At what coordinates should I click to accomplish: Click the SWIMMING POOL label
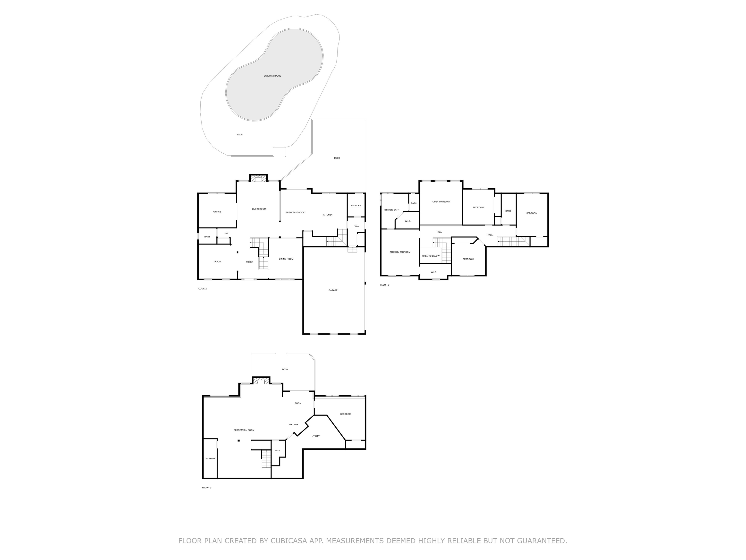tap(272, 76)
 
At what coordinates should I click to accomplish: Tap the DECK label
tap(337, 158)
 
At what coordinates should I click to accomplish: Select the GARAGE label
tap(333, 290)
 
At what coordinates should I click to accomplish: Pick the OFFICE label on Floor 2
tap(217, 212)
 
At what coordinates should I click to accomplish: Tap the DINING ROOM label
tap(286, 259)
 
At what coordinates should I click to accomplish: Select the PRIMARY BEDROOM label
tap(400, 252)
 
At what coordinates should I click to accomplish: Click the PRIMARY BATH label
tap(391, 210)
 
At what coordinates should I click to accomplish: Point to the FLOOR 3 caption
tap(385, 285)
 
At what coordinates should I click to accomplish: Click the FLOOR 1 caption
tap(206, 488)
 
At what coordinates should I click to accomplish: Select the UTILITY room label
tap(315, 436)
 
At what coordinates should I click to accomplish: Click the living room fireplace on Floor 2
tap(258, 179)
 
